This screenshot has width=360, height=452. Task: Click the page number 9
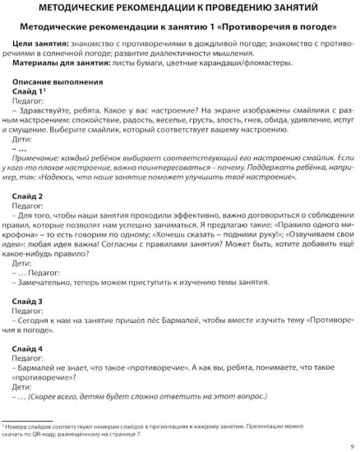(351, 445)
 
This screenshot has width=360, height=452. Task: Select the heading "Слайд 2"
(30, 198)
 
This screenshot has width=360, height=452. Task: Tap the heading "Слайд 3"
(30, 302)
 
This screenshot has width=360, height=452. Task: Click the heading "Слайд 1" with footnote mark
(30, 92)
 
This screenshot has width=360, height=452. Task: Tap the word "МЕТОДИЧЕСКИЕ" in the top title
(65, 9)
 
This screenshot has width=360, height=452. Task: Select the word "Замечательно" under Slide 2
(53, 281)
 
